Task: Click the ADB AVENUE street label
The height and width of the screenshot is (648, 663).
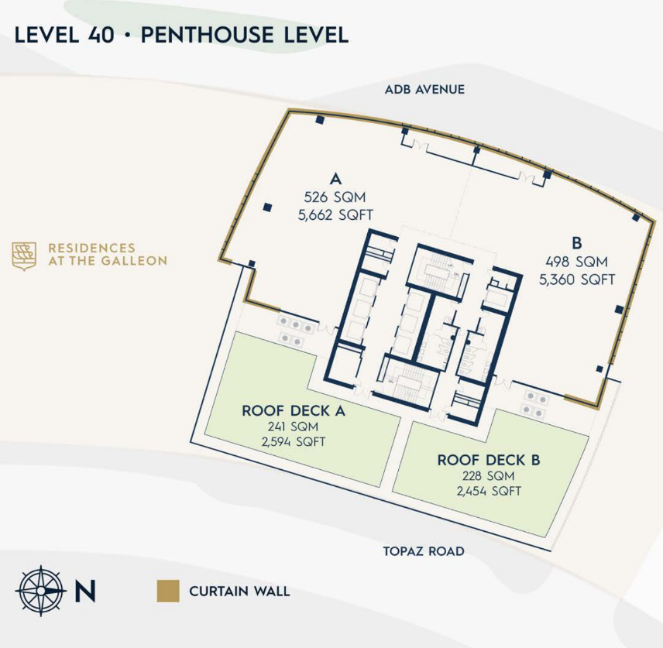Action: tap(424, 90)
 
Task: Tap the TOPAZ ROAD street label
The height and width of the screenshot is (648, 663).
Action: tap(424, 552)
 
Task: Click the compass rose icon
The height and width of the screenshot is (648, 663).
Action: tap(41, 591)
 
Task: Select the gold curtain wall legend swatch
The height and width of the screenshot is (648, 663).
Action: tap(167, 591)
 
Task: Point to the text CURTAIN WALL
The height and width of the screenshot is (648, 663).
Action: tap(239, 591)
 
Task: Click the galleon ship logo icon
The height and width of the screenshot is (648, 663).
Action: tap(24, 255)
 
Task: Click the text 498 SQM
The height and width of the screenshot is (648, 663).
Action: tap(577, 261)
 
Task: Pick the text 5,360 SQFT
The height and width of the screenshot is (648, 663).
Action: tap(577, 279)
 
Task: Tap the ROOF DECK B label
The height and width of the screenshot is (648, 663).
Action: tap(489, 460)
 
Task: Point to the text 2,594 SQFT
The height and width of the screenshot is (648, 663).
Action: tap(294, 442)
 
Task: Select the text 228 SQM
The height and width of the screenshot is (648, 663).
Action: tap(489, 476)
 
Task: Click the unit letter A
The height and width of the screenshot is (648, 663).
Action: tap(335, 176)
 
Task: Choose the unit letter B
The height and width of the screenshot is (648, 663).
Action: tap(577, 241)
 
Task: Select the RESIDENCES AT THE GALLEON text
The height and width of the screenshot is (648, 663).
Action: tap(107, 255)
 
